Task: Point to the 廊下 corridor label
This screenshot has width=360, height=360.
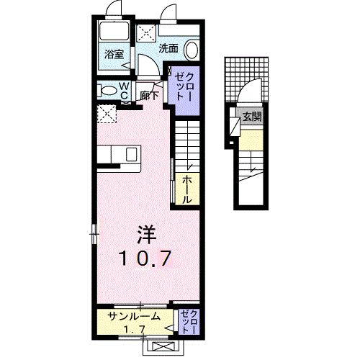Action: (150, 94)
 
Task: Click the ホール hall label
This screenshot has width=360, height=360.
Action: (186, 189)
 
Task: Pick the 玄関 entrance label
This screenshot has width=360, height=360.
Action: (252, 117)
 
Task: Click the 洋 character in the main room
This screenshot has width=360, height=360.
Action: (147, 234)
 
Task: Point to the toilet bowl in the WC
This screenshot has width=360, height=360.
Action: (109, 91)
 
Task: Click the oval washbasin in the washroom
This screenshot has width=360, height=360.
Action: (192, 50)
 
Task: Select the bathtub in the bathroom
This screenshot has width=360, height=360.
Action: (113, 32)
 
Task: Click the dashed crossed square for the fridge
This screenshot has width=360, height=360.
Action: (107, 114)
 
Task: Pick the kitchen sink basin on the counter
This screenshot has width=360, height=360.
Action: (131, 155)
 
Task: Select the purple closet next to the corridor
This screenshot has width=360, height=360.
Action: (183, 88)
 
